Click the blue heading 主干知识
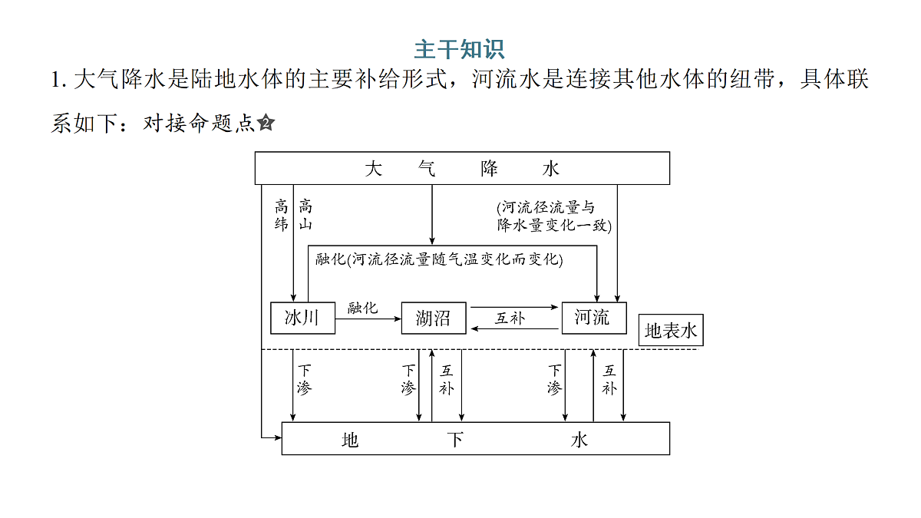[x=459, y=49]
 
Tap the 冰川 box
[x=302, y=318]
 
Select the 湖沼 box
[x=434, y=318]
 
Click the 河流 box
[x=594, y=318]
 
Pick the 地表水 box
[x=671, y=330]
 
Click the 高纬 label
[x=281, y=216]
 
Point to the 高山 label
[x=305, y=215]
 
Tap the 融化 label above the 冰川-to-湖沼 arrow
[x=362, y=308]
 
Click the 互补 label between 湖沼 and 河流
[x=510, y=318]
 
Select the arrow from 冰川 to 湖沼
[x=368, y=318]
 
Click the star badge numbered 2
[x=266, y=123]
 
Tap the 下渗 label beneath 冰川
[x=305, y=379]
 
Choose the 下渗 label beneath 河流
[x=555, y=379]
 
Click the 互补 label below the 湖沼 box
[x=447, y=380]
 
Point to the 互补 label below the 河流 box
[x=609, y=380]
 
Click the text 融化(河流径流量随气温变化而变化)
[x=439, y=259]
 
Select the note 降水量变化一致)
[x=554, y=226]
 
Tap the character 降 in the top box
[x=490, y=169]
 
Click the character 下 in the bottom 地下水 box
[x=456, y=440]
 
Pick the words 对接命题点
[x=199, y=124]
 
